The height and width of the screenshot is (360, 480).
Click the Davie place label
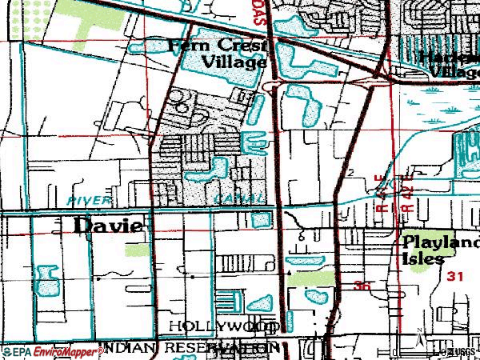pyautogui.click(x=108, y=226)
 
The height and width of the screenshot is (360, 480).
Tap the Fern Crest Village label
pyautogui.click(x=217, y=54)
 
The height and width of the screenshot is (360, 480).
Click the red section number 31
pyautogui.click(x=456, y=276)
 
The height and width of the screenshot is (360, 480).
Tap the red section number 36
pyautogui.click(x=362, y=285)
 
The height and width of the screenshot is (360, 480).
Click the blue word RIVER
pyautogui.click(x=88, y=199)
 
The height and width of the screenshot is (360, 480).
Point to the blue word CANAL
pyautogui.click(x=238, y=198)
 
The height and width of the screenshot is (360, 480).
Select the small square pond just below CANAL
pyautogui.click(x=260, y=219)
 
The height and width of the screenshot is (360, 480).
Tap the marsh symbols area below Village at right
pyautogui.click(x=436, y=100)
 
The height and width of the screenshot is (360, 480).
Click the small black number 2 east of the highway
pyautogui.click(x=350, y=173)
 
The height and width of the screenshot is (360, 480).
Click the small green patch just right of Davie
pyautogui.click(x=136, y=249)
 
